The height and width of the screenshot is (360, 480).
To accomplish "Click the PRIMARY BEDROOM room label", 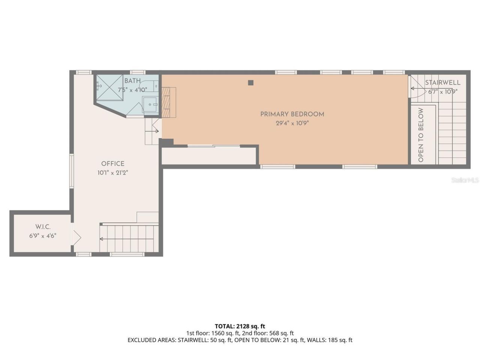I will pyautogui.click(x=292, y=114).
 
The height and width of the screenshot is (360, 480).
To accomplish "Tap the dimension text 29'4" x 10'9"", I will pyautogui.click(x=292, y=123).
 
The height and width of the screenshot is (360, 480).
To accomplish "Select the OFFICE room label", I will pyautogui.click(x=112, y=163).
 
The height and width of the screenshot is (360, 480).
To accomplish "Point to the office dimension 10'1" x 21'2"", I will pyautogui.click(x=112, y=173).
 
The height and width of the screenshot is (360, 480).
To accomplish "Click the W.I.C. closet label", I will pyautogui.click(x=43, y=227).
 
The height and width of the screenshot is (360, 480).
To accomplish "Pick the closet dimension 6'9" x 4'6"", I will pyautogui.click(x=43, y=236).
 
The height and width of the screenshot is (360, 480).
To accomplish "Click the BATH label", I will pyautogui.click(x=132, y=81).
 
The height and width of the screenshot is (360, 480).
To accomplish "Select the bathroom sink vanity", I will pyautogui.click(x=151, y=104).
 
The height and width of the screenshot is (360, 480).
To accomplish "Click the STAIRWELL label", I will pyautogui.click(x=442, y=82).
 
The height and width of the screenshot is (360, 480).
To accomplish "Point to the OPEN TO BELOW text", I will pyautogui.click(x=420, y=135).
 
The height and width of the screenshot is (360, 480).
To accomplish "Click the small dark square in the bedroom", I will pyautogui.click(x=251, y=82).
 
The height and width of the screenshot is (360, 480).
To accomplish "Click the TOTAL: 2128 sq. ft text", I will pyautogui.click(x=240, y=326).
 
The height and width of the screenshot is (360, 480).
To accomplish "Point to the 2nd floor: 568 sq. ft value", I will pyautogui.click(x=267, y=333).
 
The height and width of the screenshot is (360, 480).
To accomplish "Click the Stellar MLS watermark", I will pyautogui.click(x=465, y=180).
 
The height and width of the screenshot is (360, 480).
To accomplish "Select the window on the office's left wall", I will pyautogui.click(x=71, y=171).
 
